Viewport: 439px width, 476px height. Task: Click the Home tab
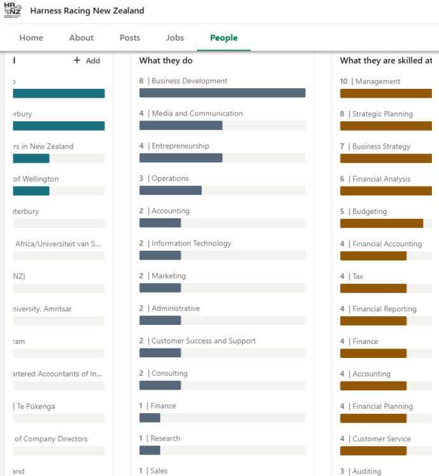click(x=31, y=37)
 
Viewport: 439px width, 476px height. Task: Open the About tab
click(x=81, y=37)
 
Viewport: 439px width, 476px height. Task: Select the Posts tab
click(x=130, y=37)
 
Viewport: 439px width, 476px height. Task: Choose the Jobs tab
click(x=175, y=37)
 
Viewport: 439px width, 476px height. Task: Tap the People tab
click(x=224, y=37)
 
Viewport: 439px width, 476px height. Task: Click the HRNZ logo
click(x=13, y=10)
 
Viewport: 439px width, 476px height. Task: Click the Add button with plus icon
click(x=87, y=60)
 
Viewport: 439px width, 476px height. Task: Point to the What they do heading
click(x=166, y=60)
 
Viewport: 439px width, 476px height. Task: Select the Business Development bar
click(x=222, y=93)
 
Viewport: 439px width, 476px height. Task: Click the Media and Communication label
click(x=197, y=114)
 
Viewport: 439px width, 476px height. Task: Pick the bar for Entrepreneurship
click(x=181, y=158)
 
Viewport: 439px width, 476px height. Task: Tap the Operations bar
click(x=170, y=190)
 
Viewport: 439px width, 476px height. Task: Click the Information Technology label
click(x=191, y=243)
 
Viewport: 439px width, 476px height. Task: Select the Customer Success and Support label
click(x=203, y=341)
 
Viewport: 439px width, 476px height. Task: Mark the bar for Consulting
click(x=160, y=385)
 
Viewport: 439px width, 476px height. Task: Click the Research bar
click(x=150, y=450)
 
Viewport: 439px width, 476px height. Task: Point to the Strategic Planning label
click(x=382, y=114)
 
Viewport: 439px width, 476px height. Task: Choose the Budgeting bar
click(x=381, y=223)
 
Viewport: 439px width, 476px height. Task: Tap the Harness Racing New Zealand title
click(x=87, y=11)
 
